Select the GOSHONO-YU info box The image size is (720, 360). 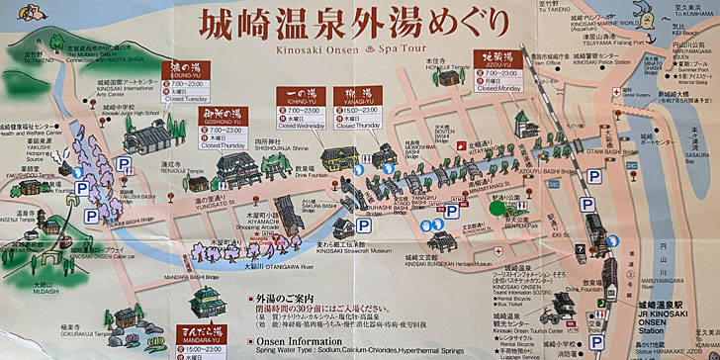(x=224, y=129)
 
